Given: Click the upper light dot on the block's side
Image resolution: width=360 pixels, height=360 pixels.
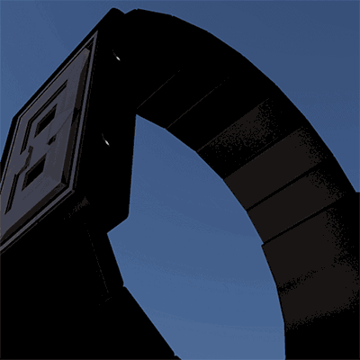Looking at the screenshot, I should (117, 58).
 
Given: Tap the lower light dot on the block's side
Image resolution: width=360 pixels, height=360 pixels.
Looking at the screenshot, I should (105, 140).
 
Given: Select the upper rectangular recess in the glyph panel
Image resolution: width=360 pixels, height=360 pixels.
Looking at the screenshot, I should (45, 120).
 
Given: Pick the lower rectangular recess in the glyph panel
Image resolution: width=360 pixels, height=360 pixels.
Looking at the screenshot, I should (33, 173).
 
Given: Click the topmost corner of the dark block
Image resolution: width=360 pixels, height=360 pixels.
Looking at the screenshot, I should (114, 11).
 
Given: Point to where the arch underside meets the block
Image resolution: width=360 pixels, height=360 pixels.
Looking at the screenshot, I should (136, 114).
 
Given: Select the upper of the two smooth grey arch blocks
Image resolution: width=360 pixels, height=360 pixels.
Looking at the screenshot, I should (270, 180).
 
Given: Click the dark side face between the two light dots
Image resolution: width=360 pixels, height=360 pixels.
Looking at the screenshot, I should (112, 99).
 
